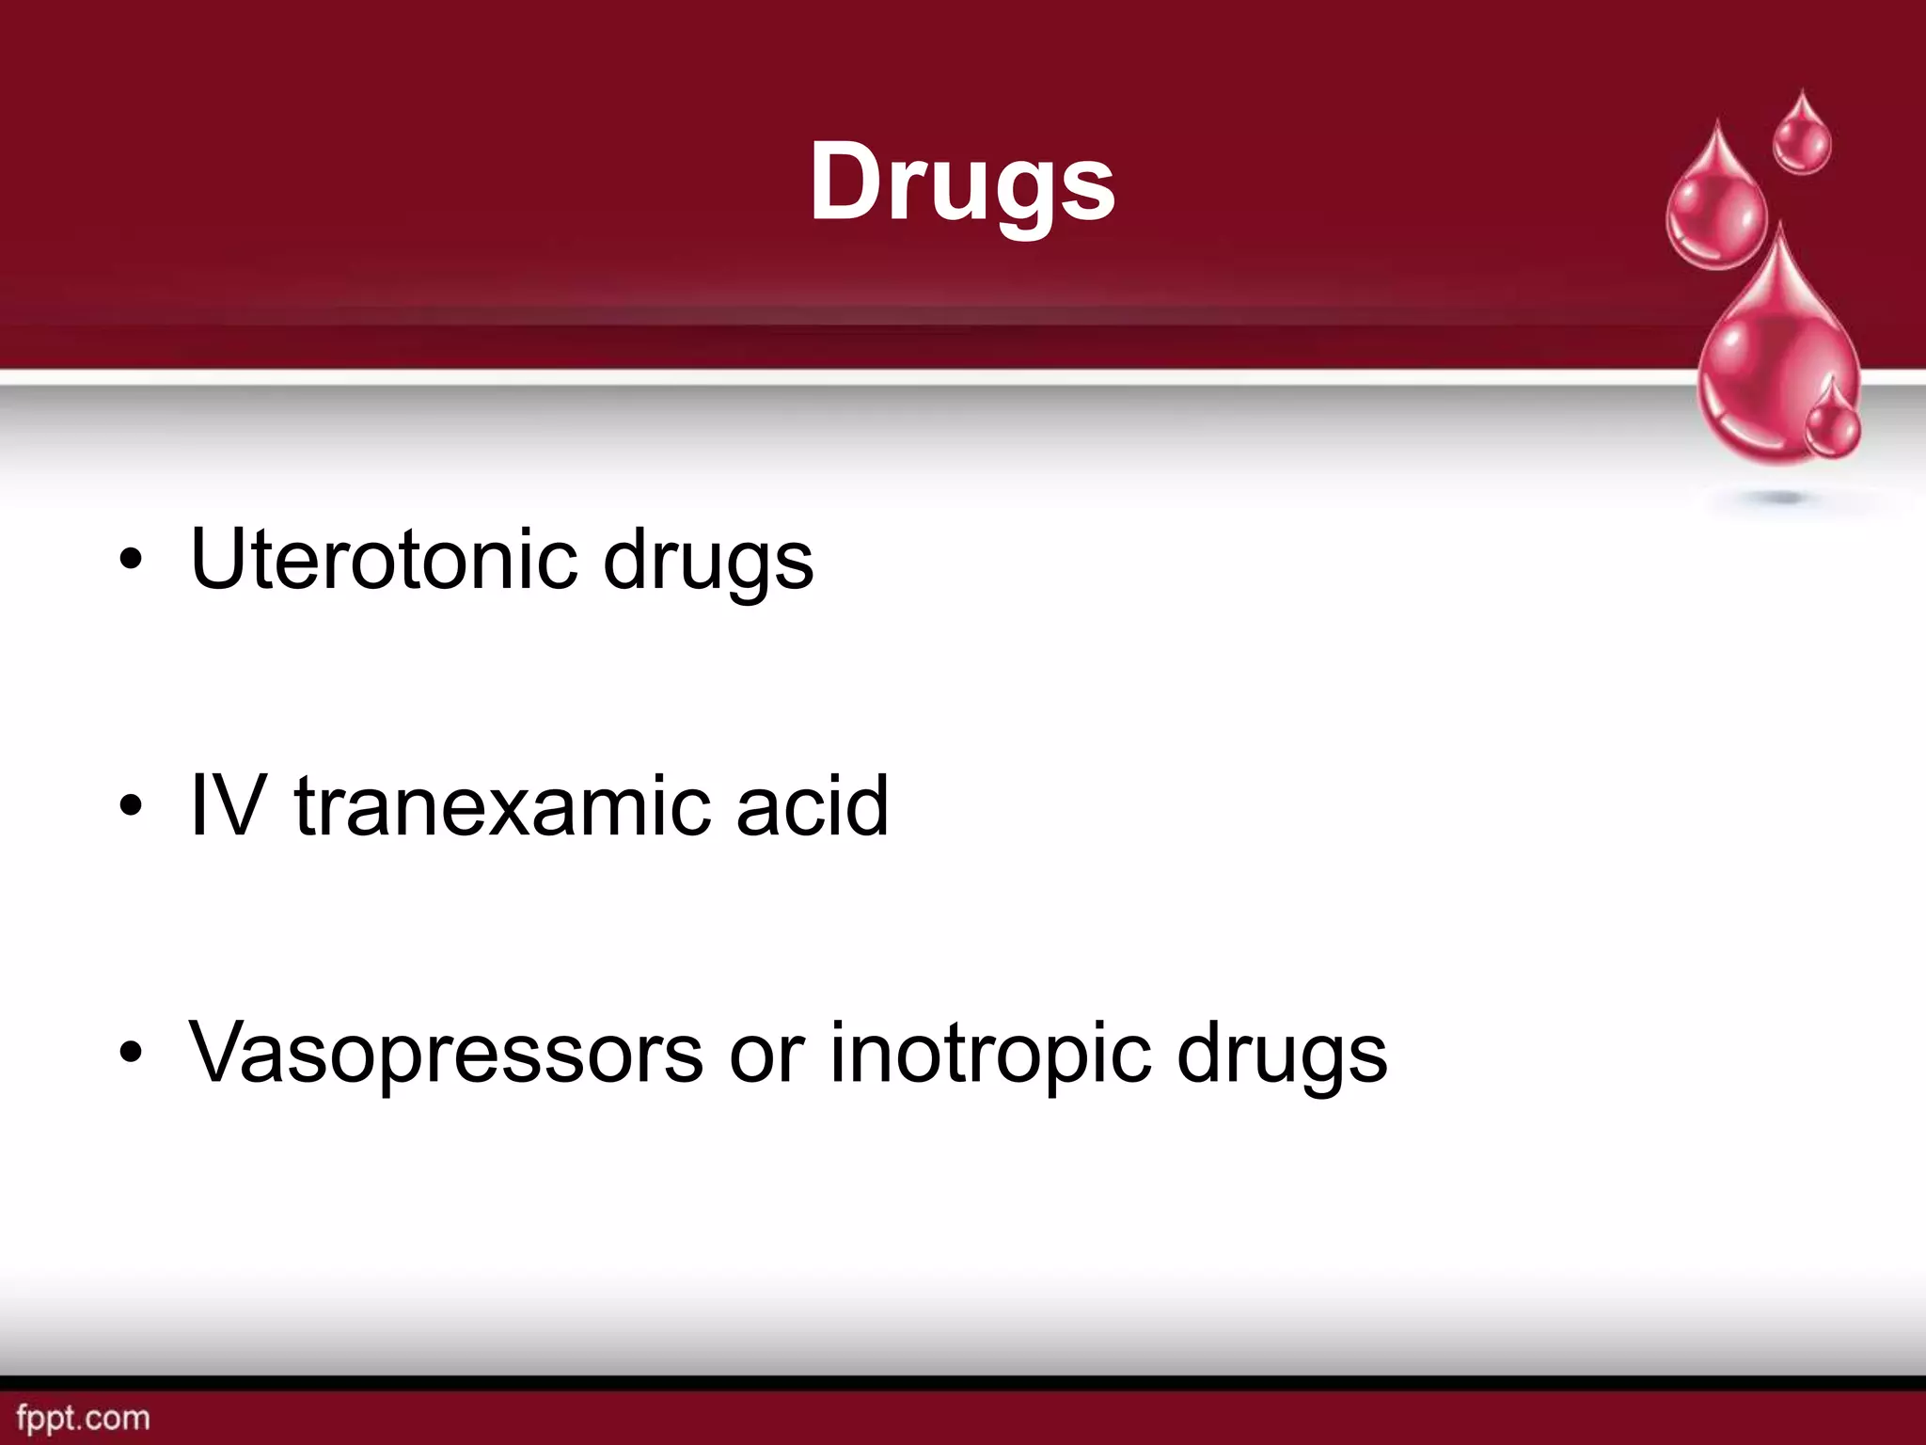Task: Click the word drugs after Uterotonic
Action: [708, 562]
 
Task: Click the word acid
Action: [813, 805]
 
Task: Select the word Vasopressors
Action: [446, 1053]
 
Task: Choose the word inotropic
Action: [990, 1056]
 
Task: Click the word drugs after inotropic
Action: [1282, 1056]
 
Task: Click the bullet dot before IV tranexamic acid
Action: [132, 806]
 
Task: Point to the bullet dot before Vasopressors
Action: [132, 1053]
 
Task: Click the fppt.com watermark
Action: [84, 1418]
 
